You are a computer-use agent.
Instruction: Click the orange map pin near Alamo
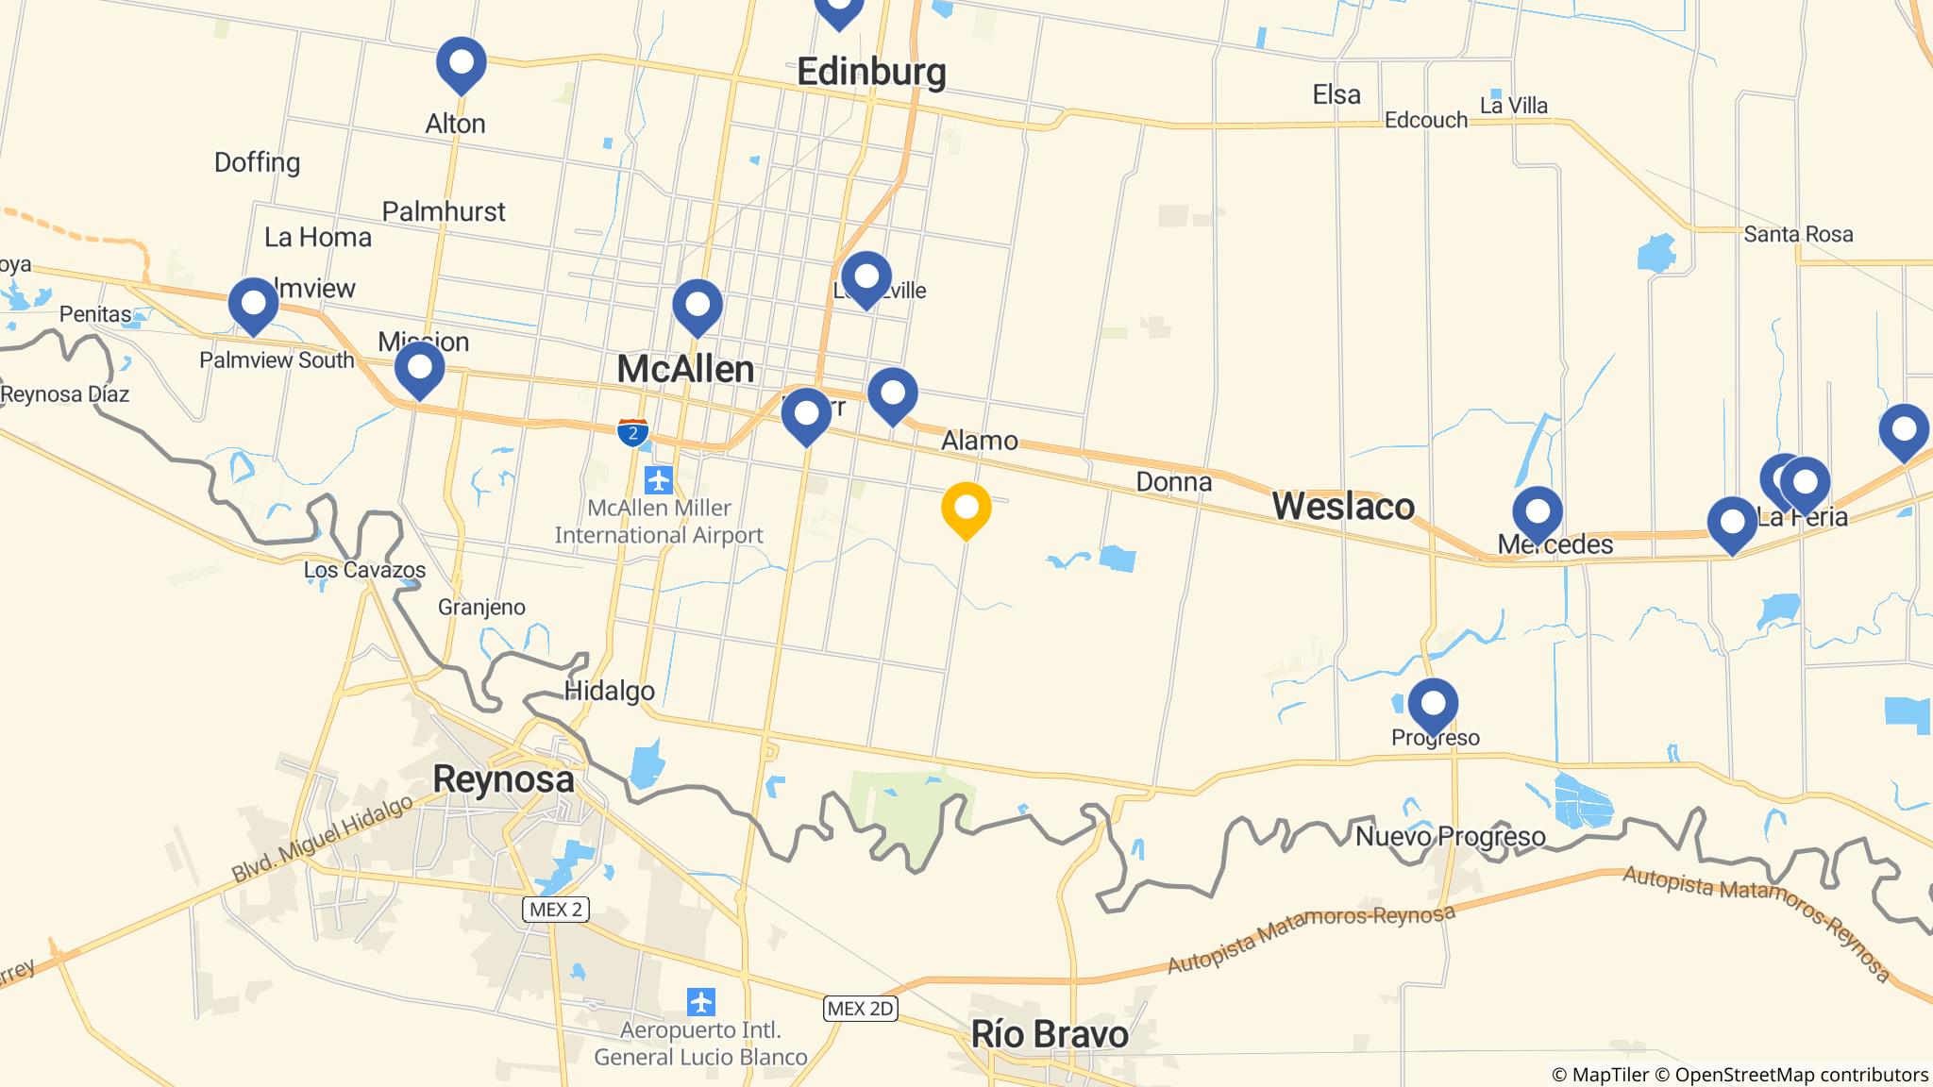(966, 508)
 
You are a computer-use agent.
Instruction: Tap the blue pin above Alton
(461, 63)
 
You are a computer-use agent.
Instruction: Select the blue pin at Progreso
(1433, 704)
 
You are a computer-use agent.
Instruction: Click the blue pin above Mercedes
(1538, 512)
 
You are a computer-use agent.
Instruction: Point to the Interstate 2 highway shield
(632, 433)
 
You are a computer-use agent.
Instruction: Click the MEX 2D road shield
(859, 1008)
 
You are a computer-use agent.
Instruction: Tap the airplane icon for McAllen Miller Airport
(658, 480)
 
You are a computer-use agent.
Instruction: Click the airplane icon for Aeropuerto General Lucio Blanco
(700, 1001)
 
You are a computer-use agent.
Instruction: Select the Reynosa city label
(503, 780)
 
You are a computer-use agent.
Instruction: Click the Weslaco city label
(1343, 507)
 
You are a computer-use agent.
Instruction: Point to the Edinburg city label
(871, 72)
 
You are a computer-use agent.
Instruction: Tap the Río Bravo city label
(1050, 1035)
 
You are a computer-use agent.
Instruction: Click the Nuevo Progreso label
(1450, 836)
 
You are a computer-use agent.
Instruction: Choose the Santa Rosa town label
(1798, 234)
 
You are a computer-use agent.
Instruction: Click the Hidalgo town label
(609, 692)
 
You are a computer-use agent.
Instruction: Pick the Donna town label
(1173, 482)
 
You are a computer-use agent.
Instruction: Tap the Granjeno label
(481, 607)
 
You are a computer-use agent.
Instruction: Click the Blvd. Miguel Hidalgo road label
(323, 839)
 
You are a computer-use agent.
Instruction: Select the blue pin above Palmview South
(253, 304)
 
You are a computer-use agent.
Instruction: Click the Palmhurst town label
(444, 211)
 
